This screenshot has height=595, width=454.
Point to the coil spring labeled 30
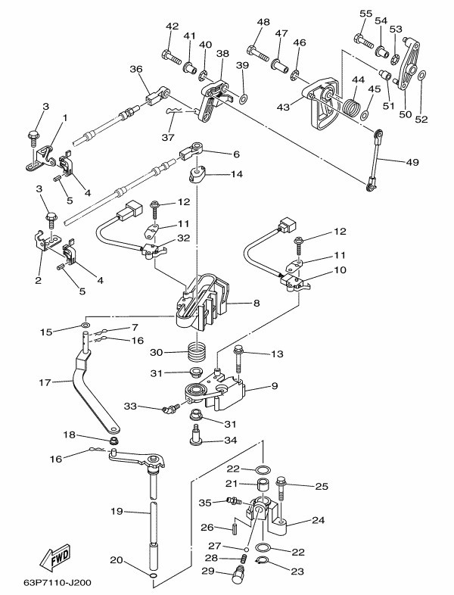197,351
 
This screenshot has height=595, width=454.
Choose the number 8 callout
255,304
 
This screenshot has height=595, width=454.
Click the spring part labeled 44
348,105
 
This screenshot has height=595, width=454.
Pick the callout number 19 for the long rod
117,512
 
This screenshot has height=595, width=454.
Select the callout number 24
319,520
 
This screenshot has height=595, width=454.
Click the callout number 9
274,386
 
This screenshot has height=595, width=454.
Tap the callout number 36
136,69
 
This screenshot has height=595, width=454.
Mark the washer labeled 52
422,75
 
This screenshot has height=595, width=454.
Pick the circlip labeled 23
261,561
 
